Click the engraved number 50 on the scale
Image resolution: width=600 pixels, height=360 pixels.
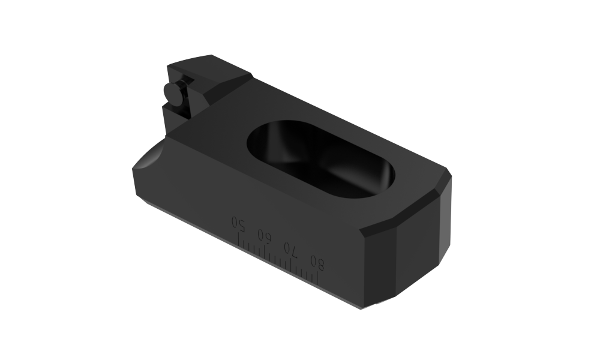[238, 223]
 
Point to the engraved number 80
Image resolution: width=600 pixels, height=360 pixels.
[317, 263]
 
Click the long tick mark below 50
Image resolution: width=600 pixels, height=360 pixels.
[239, 240]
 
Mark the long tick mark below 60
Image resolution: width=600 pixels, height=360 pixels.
[265, 252]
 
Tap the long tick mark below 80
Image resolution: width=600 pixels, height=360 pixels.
[317, 278]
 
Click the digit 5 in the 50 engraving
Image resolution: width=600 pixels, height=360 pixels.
[241, 226]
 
